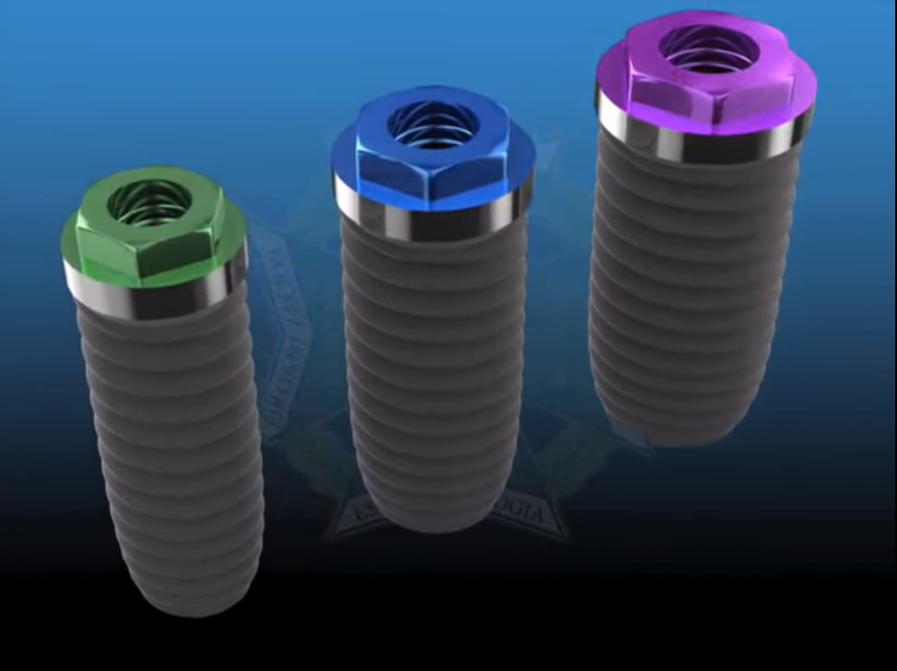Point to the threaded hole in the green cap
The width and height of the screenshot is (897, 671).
coord(149,203)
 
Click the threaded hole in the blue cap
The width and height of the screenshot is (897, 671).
coord(433,123)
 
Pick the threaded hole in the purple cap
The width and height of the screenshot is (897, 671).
coord(708,47)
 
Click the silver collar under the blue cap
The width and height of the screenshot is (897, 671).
coord(433,218)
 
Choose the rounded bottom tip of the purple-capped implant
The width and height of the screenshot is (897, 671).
coord(678,432)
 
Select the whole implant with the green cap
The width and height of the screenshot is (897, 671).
coord(166,393)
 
